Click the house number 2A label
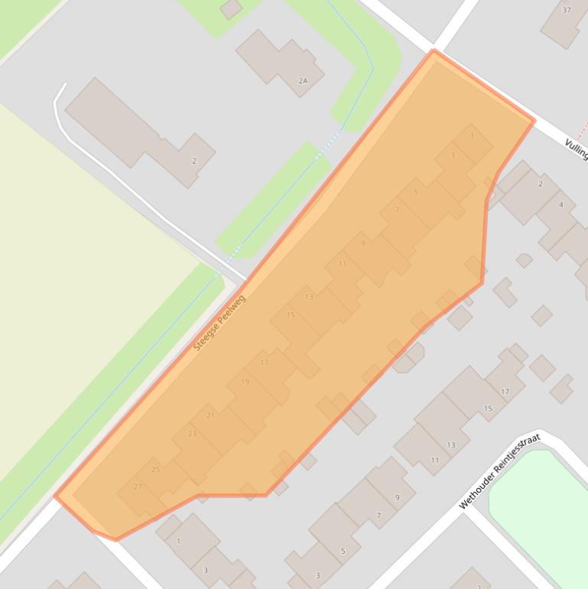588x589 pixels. pyautogui.click(x=304, y=80)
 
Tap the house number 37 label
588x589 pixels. pyautogui.click(x=567, y=10)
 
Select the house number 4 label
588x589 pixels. pyautogui.click(x=561, y=204)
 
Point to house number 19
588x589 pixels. pyautogui.click(x=245, y=382)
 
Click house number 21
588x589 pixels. pyautogui.click(x=210, y=415)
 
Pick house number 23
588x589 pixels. pyautogui.click(x=192, y=434)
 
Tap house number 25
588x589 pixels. pyautogui.click(x=156, y=469)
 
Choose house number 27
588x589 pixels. pyautogui.click(x=138, y=486)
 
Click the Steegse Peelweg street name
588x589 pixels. pyautogui.click(x=219, y=322)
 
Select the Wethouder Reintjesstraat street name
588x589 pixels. pyautogui.click(x=499, y=471)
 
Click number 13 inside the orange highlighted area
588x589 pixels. pyautogui.click(x=309, y=296)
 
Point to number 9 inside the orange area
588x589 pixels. pyautogui.click(x=363, y=243)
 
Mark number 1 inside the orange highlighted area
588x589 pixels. pyautogui.click(x=472, y=136)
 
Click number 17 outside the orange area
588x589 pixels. pyautogui.click(x=505, y=392)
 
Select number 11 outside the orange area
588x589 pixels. pyautogui.click(x=435, y=460)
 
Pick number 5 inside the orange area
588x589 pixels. pyautogui.click(x=415, y=191)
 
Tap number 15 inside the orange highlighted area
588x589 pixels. pyautogui.click(x=291, y=314)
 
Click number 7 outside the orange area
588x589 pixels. pyautogui.click(x=378, y=516)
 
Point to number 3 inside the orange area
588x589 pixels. pyautogui.click(x=453, y=155)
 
